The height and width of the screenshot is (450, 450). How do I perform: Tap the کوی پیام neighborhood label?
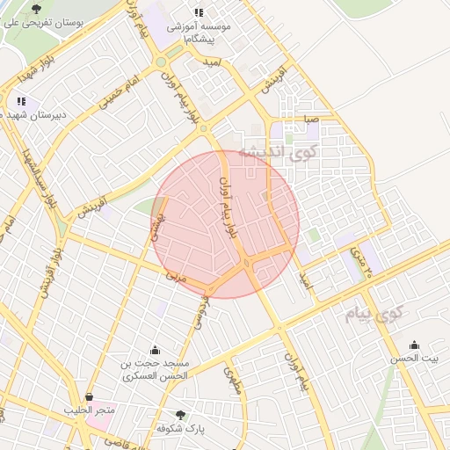pyautogui.click(x=374, y=313)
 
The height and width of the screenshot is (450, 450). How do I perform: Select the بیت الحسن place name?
pyautogui.click(x=414, y=359)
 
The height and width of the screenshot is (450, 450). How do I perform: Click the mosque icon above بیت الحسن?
pyautogui.click(x=414, y=345)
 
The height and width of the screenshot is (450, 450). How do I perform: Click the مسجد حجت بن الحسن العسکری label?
pyautogui.click(x=156, y=369)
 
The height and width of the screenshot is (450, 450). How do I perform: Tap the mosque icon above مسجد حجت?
pyautogui.click(x=156, y=350)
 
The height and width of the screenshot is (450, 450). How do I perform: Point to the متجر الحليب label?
pyautogui.click(x=89, y=410)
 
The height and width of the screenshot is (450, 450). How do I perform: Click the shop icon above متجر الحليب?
pyautogui.click(x=89, y=396)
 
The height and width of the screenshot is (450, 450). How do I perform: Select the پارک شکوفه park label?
pyautogui.click(x=180, y=428)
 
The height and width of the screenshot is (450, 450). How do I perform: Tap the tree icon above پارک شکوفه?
pyautogui.click(x=181, y=414)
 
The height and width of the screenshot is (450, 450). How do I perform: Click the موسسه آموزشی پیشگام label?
pyautogui.click(x=200, y=33)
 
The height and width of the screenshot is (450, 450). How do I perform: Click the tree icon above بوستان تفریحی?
pyautogui.click(x=35, y=8)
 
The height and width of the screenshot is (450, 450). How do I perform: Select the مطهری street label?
pyautogui.click(x=232, y=379)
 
